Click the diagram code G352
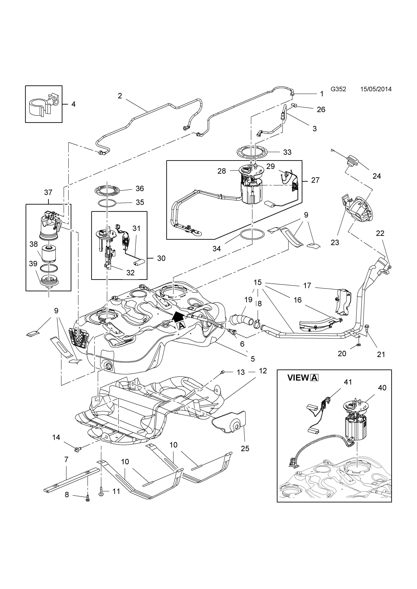(338, 89)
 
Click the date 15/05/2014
(376, 89)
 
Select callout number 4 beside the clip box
(73, 104)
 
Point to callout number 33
(287, 152)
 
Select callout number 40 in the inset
(382, 388)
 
